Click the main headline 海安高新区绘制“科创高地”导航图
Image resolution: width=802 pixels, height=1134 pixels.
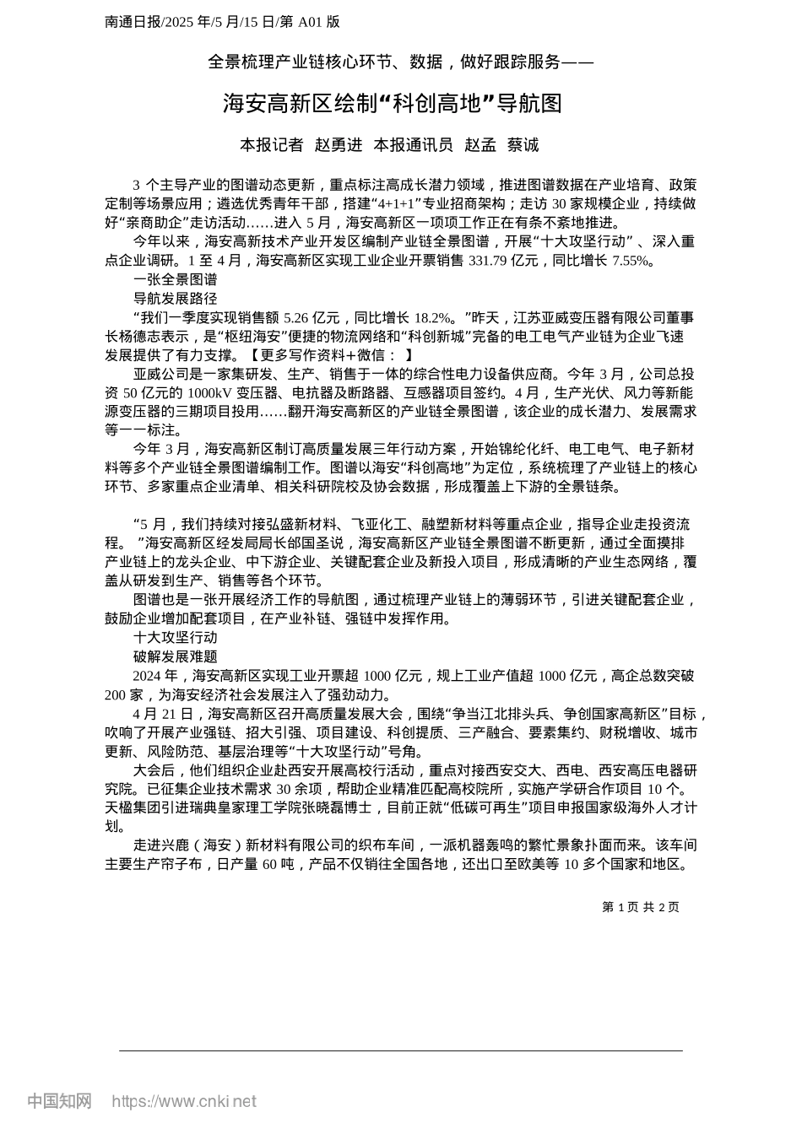[393, 104]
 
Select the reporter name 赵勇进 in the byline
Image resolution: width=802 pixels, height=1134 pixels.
[338, 145]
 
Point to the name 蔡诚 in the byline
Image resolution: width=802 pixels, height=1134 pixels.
[523, 145]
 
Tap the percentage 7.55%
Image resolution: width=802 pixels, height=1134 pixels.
[632, 261]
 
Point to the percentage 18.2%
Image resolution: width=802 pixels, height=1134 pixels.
[431, 318]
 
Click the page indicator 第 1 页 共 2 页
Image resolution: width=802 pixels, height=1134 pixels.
[641, 907]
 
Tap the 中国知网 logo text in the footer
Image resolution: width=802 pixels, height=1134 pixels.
[59, 1101]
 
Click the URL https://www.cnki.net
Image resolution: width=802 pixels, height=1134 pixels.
[184, 1101]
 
